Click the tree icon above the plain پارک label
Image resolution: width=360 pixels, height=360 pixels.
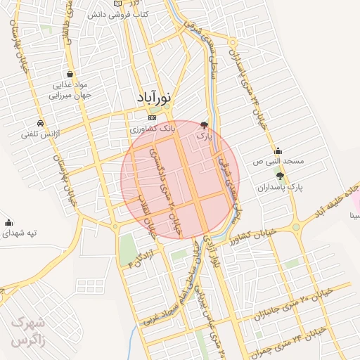pos(205,123)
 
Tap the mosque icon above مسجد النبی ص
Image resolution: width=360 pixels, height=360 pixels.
pos(278,150)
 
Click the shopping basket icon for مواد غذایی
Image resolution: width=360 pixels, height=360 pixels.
pos(70,74)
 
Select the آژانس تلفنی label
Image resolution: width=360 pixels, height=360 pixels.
pos(46,133)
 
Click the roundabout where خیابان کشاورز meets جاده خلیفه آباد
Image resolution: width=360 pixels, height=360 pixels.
pos(296,226)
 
